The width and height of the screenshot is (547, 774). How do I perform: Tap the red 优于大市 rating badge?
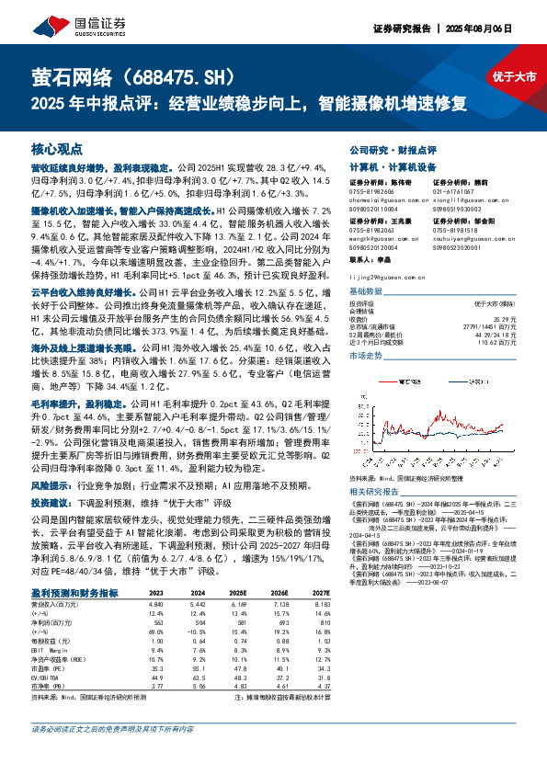pos(513,77)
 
